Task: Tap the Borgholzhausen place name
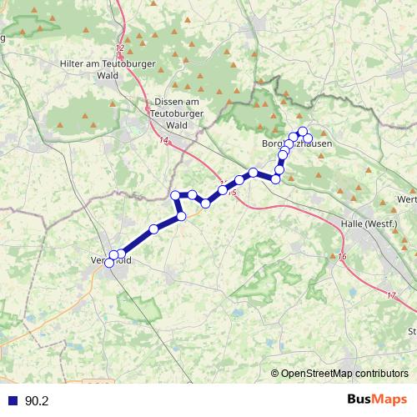(x=298, y=143)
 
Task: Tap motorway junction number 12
(x=121, y=49)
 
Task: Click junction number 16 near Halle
(x=342, y=256)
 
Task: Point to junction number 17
(x=392, y=296)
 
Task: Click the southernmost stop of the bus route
(x=109, y=264)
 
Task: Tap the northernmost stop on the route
(x=303, y=130)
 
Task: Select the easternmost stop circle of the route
(x=308, y=138)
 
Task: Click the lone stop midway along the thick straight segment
(x=153, y=229)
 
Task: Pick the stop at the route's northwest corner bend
(x=175, y=195)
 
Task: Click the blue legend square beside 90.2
(x=12, y=401)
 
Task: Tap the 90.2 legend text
(x=37, y=401)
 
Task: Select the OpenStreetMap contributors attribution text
(x=344, y=374)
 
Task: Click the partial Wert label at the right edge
(x=408, y=199)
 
